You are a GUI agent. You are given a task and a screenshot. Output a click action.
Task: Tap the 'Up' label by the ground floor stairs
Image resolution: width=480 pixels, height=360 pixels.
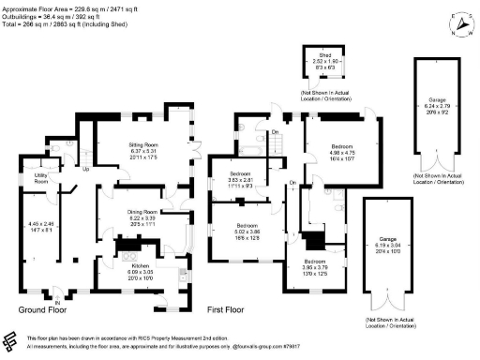point(86,170)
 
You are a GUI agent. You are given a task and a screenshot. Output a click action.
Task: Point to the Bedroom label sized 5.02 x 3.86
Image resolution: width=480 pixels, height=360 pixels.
point(248,231)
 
